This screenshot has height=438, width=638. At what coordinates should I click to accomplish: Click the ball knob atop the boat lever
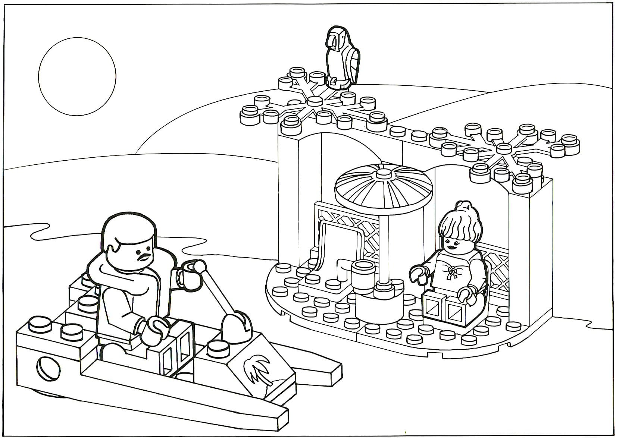[200, 266]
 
